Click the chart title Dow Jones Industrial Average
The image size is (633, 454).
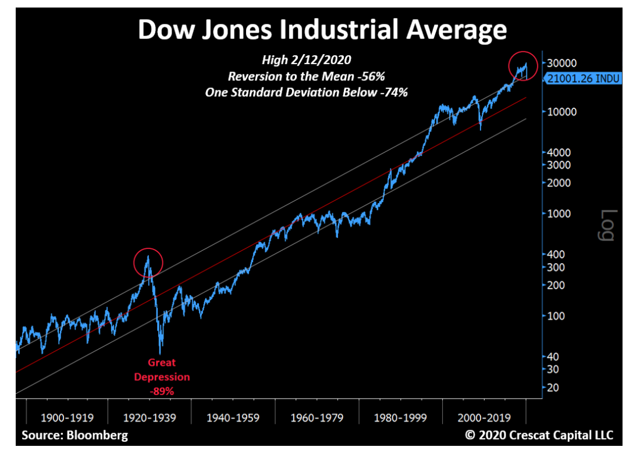point(322,30)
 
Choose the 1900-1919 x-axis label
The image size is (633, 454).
point(66,418)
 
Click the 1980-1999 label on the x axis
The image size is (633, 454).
point(401,418)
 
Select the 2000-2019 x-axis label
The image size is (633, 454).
point(484,418)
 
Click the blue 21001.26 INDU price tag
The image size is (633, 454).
point(584,79)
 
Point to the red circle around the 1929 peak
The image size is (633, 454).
point(148,263)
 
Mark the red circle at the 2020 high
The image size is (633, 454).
point(524,66)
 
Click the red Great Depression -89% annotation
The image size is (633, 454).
point(162,377)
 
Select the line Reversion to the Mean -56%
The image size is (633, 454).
point(307,77)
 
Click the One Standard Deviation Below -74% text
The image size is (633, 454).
point(307,92)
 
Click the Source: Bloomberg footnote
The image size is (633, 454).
point(75,435)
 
